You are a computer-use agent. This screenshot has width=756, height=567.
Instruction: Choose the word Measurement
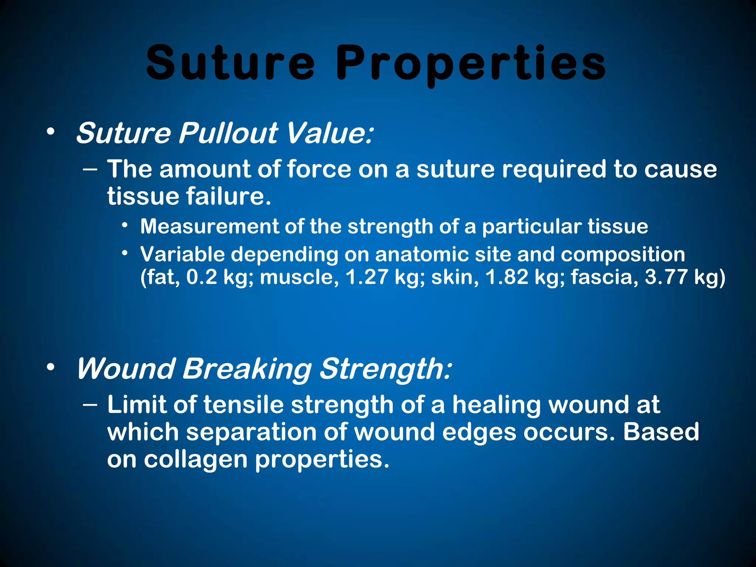(x=209, y=226)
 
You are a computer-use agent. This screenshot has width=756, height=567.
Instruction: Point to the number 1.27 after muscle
(x=366, y=277)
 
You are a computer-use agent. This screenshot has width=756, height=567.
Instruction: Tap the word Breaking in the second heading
(x=247, y=369)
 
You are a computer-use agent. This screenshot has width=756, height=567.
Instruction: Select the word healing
(x=496, y=405)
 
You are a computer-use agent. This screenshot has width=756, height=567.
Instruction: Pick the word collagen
(x=196, y=459)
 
